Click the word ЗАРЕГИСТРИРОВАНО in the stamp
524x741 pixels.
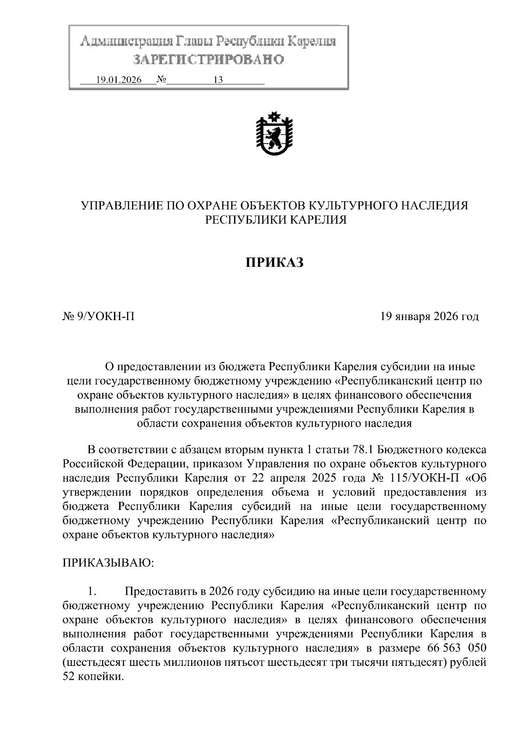click(208, 59)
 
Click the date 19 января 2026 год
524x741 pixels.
click(430, 316)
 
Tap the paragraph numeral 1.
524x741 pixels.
click(91, 592)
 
